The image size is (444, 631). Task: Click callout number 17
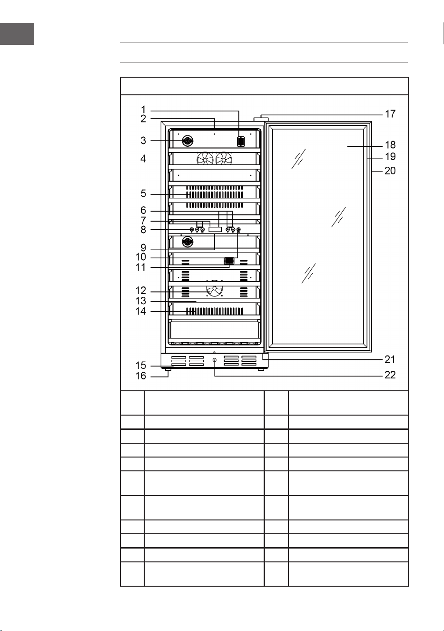[x=390, y=114]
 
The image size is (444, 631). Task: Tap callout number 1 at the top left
[x=143, y=109]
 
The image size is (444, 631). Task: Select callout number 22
[x=390, y=375]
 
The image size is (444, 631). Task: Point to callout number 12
[x=141, y=290]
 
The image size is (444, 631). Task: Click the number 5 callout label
[x=143, y=193]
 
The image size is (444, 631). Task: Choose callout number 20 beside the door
[x=390, y=171]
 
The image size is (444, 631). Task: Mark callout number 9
[x=143, y=248]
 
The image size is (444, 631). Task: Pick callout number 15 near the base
[x=141, y=366]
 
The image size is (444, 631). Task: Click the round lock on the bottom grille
[x=215, y=360]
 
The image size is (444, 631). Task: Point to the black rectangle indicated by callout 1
[x=241, y=141]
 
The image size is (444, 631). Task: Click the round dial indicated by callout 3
[x=187, y=141]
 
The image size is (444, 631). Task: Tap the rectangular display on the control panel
[x=215, y=230]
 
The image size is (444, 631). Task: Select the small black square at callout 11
[x=229, y=261]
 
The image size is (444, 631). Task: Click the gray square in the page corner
[x=17, y=34]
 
